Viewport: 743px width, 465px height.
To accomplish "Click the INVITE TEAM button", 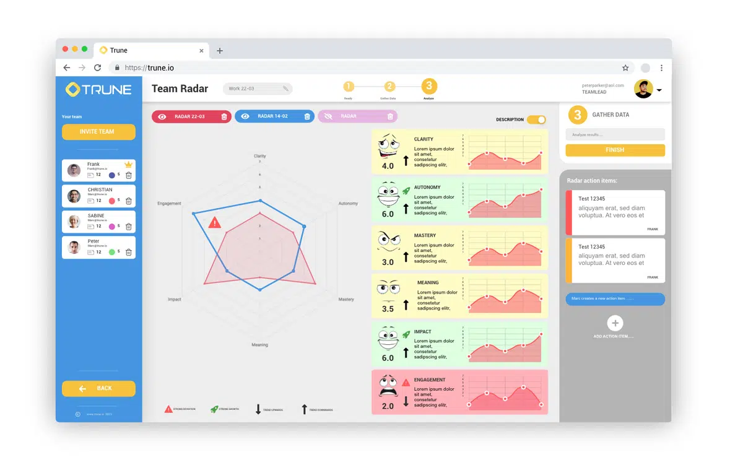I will [98, 132].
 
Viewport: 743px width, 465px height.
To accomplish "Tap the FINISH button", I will [615, 150].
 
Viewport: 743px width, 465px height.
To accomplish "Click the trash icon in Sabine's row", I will [129, 227].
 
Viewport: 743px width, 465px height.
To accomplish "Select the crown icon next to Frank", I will [129, 165].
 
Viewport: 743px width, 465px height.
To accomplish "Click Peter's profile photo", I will [74, 248].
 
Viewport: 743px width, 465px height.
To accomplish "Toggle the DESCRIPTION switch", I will [536, 120].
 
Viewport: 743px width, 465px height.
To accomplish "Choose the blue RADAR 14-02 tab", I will [273, 116].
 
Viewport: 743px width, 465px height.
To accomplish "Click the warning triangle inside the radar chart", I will [215, 222].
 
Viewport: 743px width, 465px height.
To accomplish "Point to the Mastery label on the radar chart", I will [346, 300].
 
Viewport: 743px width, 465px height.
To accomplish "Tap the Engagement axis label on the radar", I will [169, 204].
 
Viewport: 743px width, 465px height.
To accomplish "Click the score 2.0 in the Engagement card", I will [388, 406].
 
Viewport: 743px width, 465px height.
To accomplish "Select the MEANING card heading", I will [428, 283].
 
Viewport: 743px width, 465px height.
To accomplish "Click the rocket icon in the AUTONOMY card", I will [406, 191].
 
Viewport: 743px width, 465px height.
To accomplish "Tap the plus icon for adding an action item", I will [615, 323].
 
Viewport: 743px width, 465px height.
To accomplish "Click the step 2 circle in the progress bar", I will [389, 87].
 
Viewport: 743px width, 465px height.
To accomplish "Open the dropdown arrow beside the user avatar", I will [659, 90].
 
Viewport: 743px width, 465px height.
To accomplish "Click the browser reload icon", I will [97, 67].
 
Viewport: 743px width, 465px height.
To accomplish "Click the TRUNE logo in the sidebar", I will [98, 89].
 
